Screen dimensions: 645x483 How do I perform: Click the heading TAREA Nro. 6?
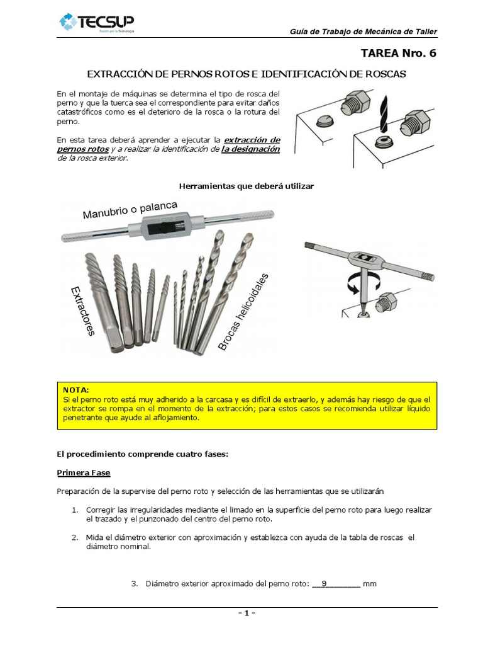click(398, 53)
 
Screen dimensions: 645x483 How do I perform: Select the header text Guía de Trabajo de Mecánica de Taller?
click(363, 32)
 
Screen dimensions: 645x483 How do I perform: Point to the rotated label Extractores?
click(82, 311)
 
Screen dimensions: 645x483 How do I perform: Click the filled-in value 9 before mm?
click(324, 583)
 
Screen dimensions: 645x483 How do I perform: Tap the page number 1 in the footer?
click(247, 613)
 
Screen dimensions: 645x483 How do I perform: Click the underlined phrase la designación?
click(250, 149)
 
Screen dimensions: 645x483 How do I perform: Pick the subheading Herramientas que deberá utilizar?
click(246, 186)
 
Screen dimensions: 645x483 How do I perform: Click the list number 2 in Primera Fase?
click(74, 537)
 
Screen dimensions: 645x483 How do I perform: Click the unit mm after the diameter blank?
click(370, 583)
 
